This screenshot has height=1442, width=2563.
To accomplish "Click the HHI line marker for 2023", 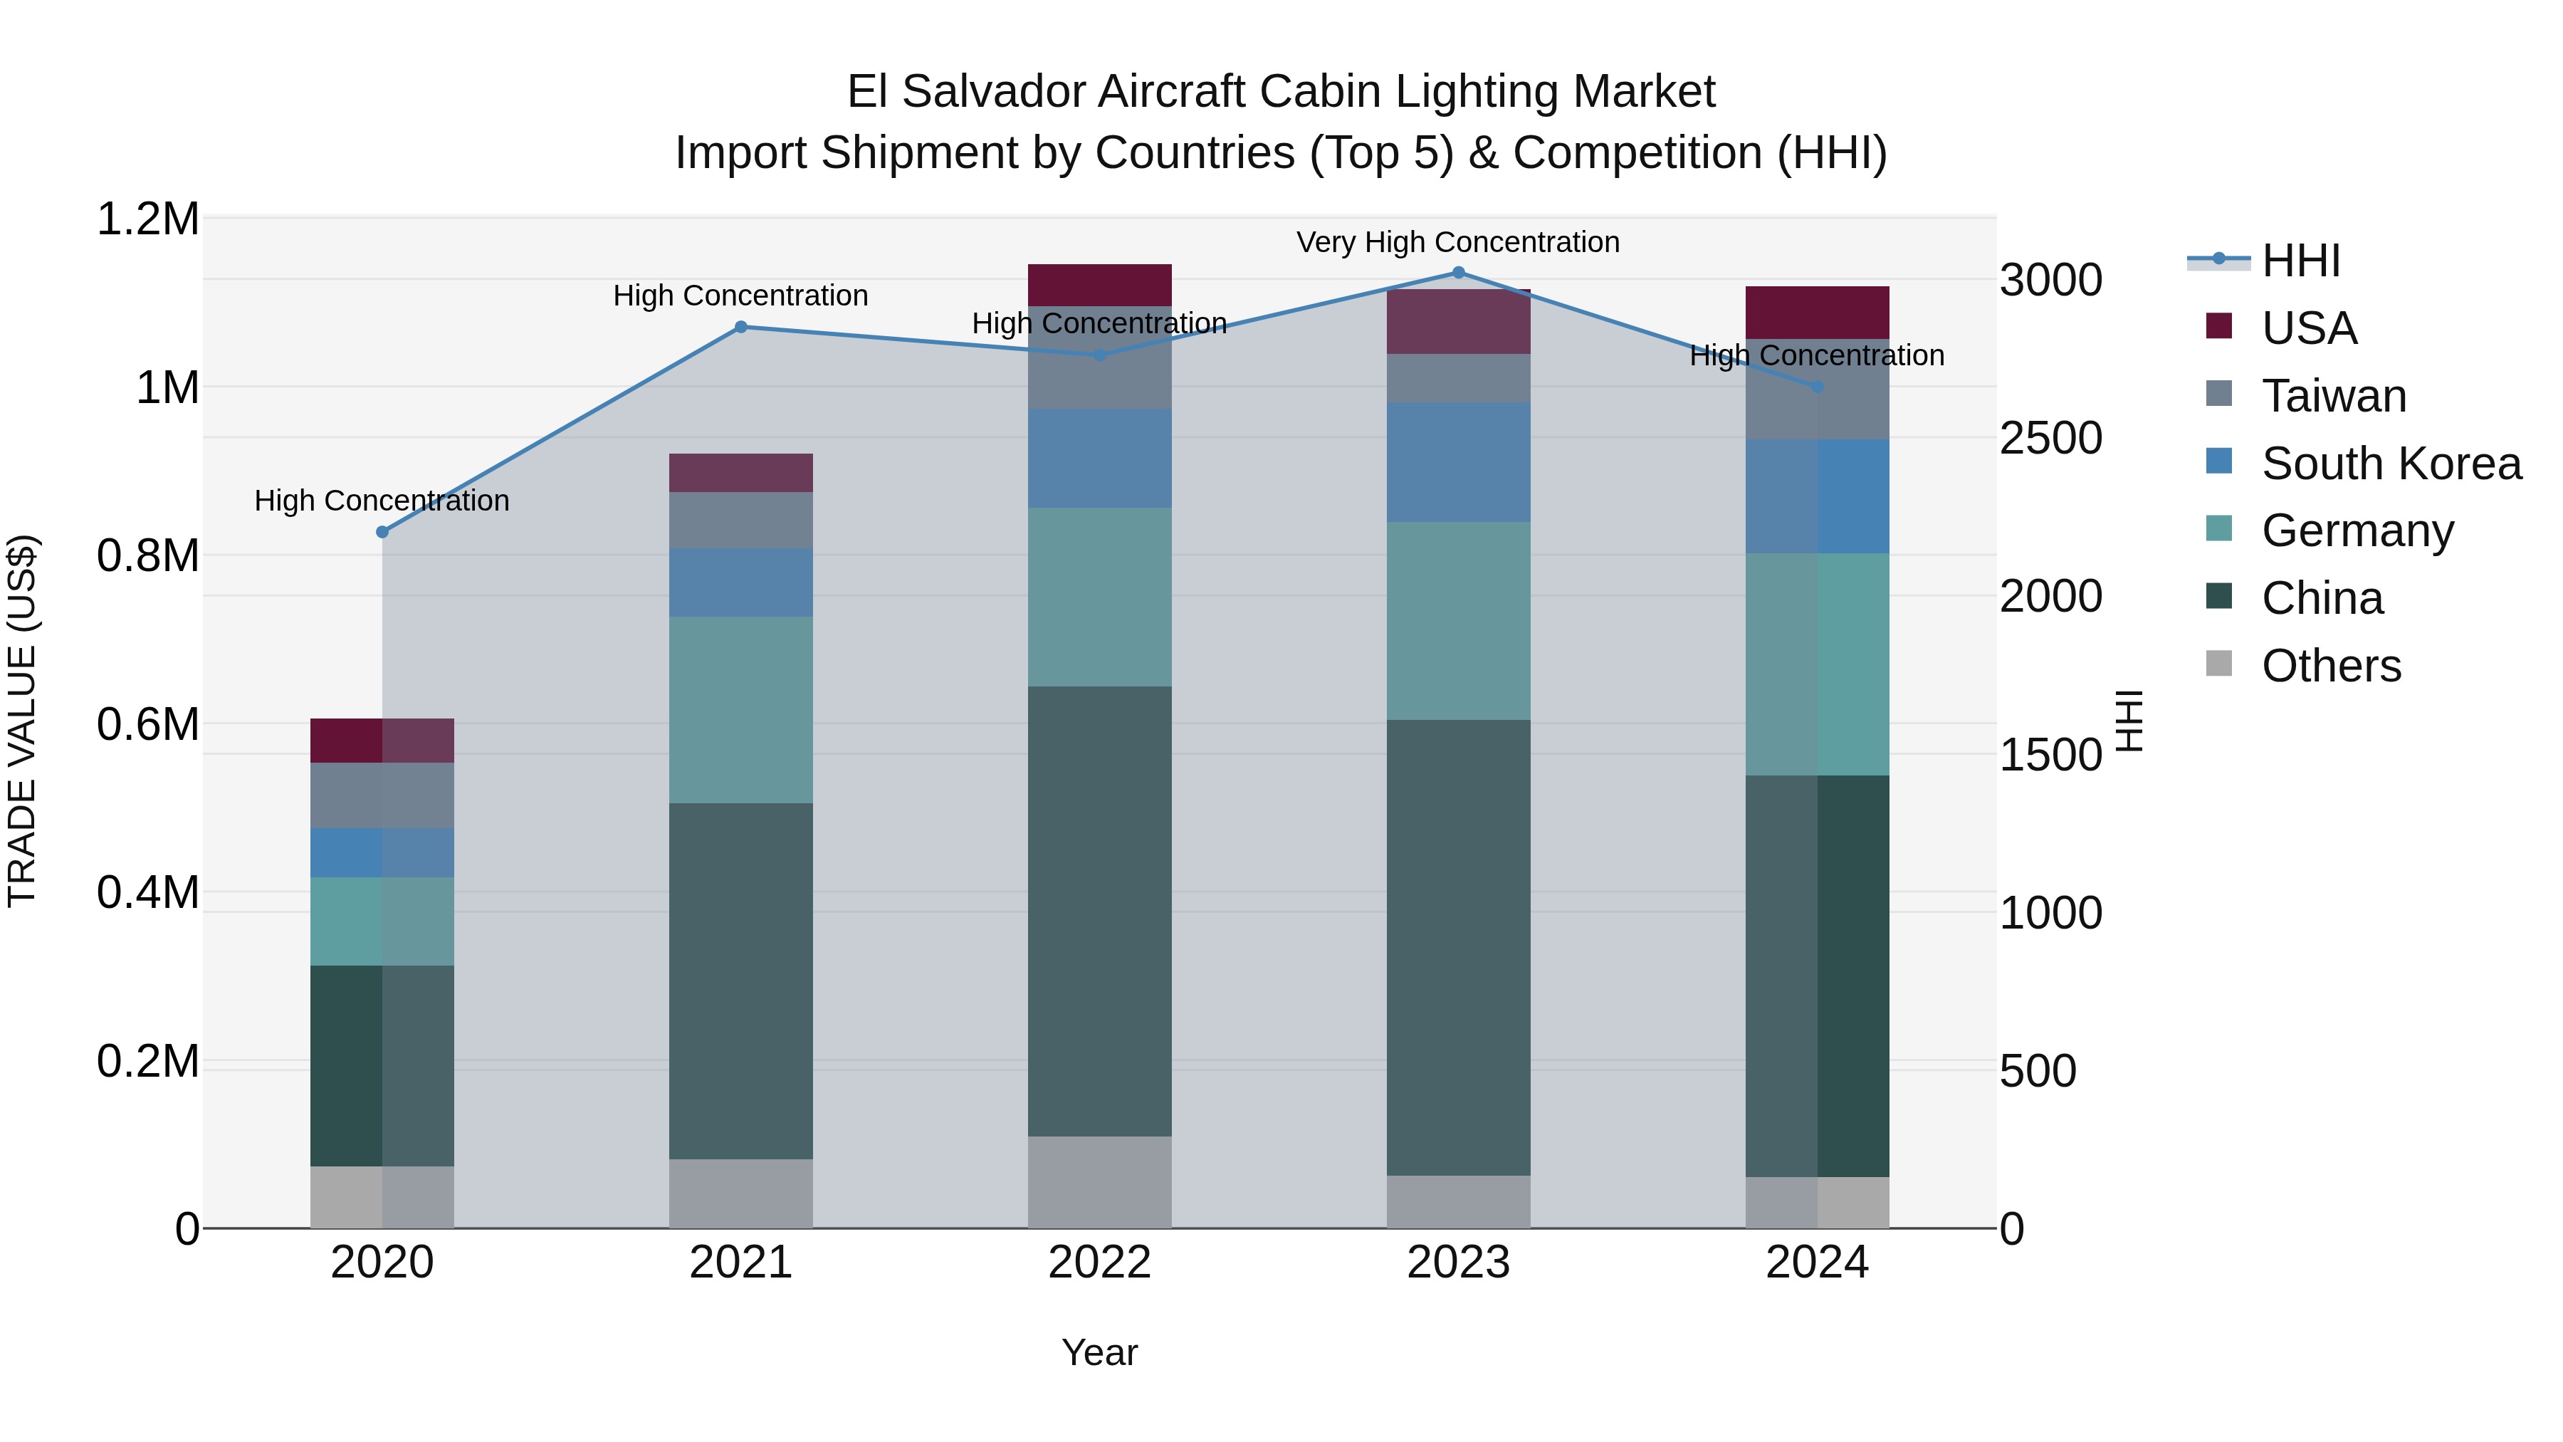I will [1459, 272].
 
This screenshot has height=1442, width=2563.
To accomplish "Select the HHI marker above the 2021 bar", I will [740, 326].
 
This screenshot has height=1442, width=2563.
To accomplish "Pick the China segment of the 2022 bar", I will [1099, 911].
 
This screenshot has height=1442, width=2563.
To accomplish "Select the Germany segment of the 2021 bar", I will [740, 709].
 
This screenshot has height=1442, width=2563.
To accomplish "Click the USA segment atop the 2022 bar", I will [1099, 285].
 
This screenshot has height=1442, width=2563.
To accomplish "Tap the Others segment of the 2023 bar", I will [1459, 1201].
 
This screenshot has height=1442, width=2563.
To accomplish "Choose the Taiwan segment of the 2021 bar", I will [740, 520].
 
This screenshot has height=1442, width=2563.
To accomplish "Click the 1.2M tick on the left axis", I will [147, 219].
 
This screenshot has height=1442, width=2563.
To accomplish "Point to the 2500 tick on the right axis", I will [2050, 438].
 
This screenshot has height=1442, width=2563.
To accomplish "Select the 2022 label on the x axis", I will [1099, 1263].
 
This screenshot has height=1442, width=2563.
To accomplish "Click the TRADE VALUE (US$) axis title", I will [22, 721].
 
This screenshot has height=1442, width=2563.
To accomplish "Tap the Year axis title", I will [1099, 1352].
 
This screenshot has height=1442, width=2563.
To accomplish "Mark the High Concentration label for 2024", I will [1817, 355].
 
